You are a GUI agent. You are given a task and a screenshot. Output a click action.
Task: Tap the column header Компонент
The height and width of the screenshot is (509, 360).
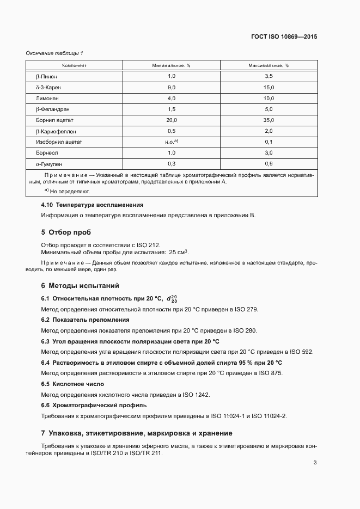75,65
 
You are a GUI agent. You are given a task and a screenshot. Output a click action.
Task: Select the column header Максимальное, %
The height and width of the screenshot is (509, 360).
269,65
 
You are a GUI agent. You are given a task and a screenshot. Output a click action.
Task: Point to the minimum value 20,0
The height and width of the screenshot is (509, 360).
172,120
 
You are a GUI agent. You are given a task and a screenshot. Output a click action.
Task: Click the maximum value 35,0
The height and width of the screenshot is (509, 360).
268,120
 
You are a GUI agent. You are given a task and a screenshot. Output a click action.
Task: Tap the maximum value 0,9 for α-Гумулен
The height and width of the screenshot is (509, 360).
268,163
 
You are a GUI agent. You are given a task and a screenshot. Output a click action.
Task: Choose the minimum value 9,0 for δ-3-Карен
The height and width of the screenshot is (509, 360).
172,87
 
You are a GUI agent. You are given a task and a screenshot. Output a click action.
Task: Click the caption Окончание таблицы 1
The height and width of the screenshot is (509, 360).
54,53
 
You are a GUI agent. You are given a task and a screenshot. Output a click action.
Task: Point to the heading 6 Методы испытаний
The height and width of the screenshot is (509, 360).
80,285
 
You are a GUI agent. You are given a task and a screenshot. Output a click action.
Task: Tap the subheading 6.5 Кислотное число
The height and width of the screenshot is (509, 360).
68,384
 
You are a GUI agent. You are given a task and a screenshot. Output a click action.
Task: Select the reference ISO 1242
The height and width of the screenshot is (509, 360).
196,394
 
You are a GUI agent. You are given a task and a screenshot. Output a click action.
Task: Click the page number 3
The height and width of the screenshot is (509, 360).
315,463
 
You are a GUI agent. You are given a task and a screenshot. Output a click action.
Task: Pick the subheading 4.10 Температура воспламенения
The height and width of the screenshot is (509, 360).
92,205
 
